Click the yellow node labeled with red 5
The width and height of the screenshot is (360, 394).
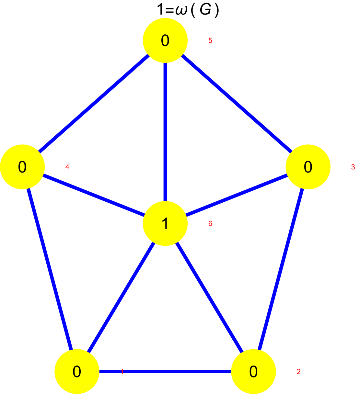[x=165, y=40]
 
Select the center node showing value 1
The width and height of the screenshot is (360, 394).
[x=165, y=223]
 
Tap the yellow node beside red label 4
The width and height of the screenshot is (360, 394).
[x=22, y=167]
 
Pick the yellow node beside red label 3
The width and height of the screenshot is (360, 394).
[x=308, y=167]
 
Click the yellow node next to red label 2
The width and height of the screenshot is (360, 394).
[x=253, y=372]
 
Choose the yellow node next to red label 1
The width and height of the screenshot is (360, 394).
[x=77, y=372]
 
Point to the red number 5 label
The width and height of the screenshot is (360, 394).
[x=210, y=40]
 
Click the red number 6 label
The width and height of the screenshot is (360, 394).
[x=210, y=223]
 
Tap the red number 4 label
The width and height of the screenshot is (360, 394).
[x=67, y=167]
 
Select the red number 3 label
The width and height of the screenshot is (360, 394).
[x=353, y=167]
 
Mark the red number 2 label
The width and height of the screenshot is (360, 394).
[x=298, y=372]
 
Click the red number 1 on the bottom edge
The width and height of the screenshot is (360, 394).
[x=122, y=372]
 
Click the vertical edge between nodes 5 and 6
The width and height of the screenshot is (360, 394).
[x=165, y=129]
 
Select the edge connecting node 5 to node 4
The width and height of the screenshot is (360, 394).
[x=94, y=104]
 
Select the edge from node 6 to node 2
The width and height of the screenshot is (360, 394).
[x=209, y=298]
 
